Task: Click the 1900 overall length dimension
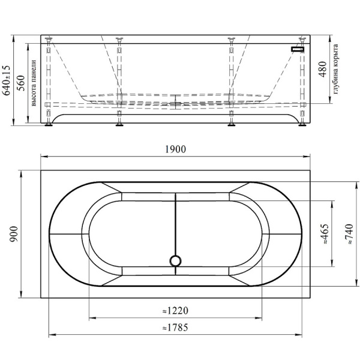pos(175,149)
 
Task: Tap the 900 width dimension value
pos(14,234)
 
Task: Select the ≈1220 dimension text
pos(175,311)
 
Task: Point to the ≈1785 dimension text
pos(175,328)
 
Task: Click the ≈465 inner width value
pos(325,234)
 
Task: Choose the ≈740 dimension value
pos(349,234)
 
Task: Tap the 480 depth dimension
pos(323,70)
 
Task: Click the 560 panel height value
pos(21,83)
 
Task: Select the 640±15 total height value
pos(6,80)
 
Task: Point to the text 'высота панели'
pos(34,83)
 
